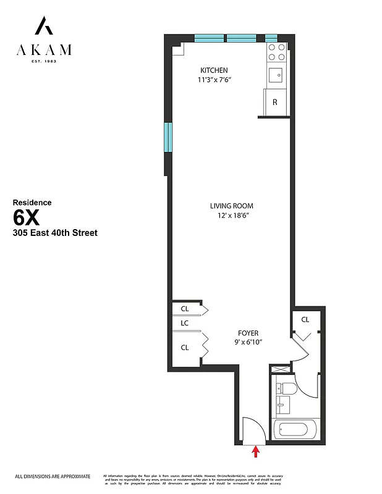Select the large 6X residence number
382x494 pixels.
[28, 218]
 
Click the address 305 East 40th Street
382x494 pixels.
[55, 233]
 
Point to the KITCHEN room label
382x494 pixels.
[214, 70]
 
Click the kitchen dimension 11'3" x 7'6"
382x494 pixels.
[214, 80]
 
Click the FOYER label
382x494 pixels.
[248, 333]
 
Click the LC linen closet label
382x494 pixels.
[184, 323]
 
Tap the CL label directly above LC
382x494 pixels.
[184, 308]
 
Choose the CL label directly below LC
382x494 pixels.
[184, 348]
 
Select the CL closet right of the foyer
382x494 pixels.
[305, 320]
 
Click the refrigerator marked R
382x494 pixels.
[275, 102]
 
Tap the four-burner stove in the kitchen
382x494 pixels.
[276, 53]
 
